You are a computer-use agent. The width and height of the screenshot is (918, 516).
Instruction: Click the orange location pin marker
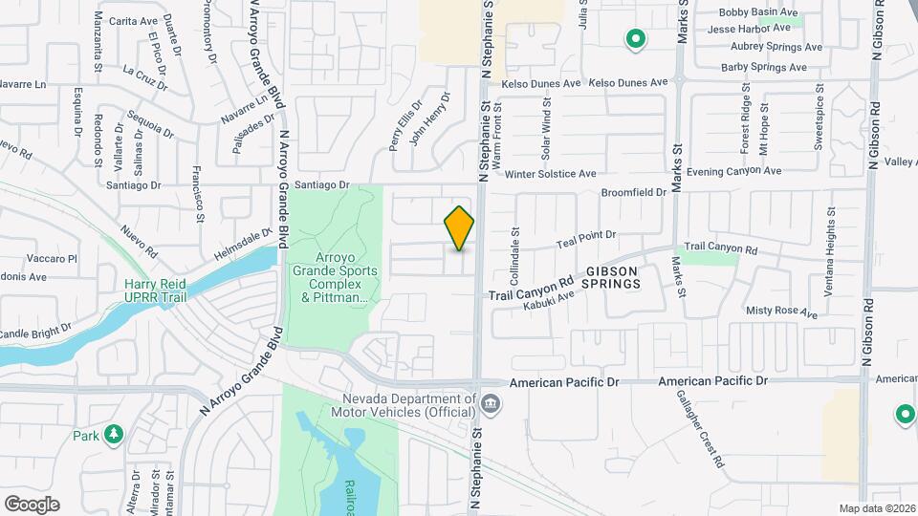point(460,227)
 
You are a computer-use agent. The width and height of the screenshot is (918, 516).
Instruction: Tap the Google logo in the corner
point(32,505)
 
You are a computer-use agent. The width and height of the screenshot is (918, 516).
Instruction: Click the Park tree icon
point(114,436)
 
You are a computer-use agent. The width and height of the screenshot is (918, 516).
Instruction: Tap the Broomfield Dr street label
point(633,192)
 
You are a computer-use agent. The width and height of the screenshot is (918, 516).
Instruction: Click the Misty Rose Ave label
point(782,312)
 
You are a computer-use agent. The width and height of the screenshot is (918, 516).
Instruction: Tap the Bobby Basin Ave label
point(758,12)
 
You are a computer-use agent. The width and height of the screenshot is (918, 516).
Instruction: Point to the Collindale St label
point(514,257)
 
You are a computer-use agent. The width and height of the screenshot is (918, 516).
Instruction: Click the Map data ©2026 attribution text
point(876,508)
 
